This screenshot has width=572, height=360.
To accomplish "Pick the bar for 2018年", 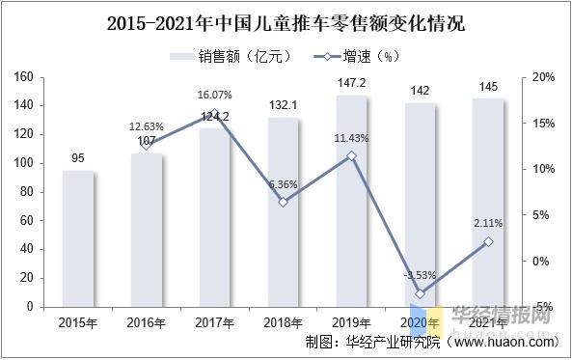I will [x=283, y=212].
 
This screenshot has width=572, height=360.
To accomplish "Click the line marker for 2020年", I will [x=420, y=293].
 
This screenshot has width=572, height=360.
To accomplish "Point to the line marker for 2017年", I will [x=215, y=113].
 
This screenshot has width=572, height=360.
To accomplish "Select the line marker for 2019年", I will [x=351, y=155].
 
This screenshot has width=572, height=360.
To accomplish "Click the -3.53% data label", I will [x=420, y=277].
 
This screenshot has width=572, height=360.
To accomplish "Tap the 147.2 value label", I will [x=351, y=85].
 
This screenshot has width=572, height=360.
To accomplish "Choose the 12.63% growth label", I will [x=147, y=126].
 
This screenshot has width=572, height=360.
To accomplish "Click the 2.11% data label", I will [x=488, y=224].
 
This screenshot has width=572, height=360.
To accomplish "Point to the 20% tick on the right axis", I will [x=542, y=77].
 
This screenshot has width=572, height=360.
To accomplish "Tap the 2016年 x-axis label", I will [x=147, y=322].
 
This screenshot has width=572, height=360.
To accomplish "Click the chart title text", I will [x=286, y=21].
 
